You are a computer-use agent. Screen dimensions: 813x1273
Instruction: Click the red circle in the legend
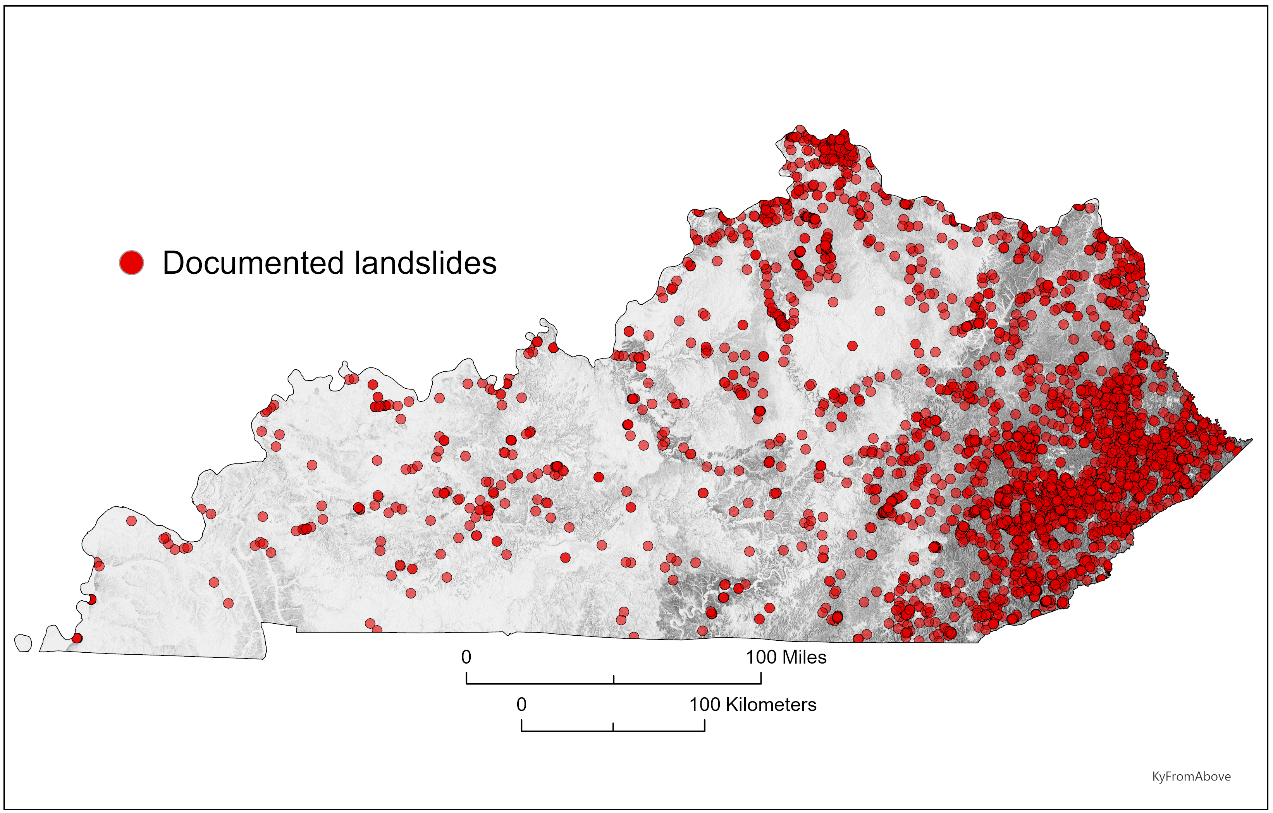pos(131,262)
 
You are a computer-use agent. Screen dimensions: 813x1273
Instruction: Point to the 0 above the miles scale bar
pos(466,657)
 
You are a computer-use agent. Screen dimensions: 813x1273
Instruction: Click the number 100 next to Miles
pos(761,657)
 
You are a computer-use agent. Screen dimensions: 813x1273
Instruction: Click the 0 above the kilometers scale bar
pos(521,704)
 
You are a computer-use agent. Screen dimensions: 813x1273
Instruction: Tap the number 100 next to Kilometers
pos(705,704)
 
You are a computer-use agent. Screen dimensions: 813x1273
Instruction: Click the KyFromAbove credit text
pos(1191,776)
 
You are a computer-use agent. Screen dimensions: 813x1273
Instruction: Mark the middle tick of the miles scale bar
pos(614,679)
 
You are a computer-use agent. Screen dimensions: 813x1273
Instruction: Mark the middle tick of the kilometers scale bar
pos(613,727)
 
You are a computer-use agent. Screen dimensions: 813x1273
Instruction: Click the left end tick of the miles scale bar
pos(466,678)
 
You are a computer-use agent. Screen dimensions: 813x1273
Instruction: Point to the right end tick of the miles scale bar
pos(761,678)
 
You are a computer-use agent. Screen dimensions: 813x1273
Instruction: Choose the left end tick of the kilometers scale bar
pos(522,726)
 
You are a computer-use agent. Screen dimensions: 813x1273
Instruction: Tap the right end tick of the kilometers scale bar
pos(705,726)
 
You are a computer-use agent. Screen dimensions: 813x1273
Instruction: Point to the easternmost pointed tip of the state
pos(1251,439)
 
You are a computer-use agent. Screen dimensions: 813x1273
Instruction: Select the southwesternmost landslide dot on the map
pos(77,638)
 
